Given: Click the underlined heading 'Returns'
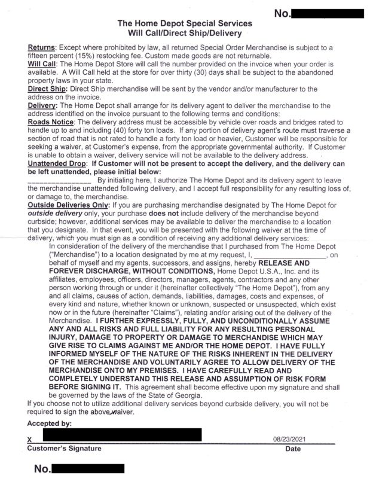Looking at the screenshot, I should (42, 47).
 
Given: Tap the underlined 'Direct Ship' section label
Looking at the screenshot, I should (47, 89).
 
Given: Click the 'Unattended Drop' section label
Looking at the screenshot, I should (57, 162).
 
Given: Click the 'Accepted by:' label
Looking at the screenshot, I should (50, 424).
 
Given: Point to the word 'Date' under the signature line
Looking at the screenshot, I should (293, 449).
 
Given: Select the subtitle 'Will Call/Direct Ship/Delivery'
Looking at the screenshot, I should (185, 34).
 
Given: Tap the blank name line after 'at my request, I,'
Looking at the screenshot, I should (291, 255).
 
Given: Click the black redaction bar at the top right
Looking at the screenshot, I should (327, 13).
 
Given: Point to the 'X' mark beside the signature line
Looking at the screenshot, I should (30, 440).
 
